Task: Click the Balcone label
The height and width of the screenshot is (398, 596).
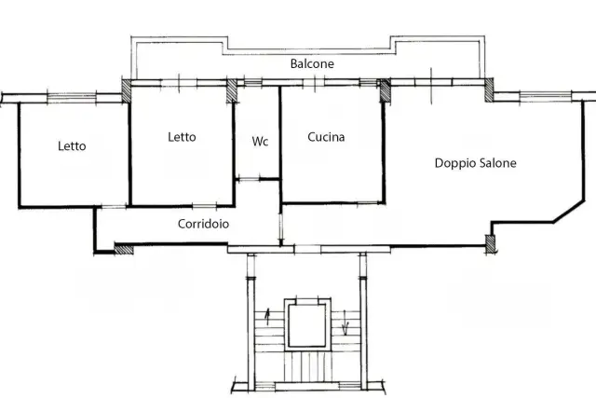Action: point(312,63)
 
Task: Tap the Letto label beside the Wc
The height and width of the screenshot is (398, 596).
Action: point(182,137)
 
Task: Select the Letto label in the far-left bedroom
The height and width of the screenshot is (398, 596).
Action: point(72,146)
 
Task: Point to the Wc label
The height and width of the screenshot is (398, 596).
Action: point(260,142)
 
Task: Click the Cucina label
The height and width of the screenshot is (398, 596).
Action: point(326,137)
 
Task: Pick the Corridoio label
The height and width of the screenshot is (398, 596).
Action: point(203,224)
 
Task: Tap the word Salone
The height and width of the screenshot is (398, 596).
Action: point(497,163)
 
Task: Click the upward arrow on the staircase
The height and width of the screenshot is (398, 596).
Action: point(267,317)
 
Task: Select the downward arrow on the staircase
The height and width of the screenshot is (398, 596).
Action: point(345,323)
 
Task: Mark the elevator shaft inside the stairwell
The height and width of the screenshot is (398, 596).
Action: point(307,324)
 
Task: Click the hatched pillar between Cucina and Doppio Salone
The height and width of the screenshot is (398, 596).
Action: point(385,91)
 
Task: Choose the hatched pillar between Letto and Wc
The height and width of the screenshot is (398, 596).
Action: point(232,90)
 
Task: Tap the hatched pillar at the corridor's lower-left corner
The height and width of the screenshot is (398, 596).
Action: point(124,249)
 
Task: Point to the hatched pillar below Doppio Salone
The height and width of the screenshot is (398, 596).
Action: point(491,244)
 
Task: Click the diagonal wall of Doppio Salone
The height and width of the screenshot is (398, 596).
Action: point(569,212)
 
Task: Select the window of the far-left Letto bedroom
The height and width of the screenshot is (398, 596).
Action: point(72,98)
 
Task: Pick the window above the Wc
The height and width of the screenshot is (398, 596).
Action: point(252,83)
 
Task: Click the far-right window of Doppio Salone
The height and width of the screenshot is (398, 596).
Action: point(545,96)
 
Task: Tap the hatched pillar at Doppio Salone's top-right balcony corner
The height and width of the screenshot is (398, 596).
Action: point(489,89)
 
